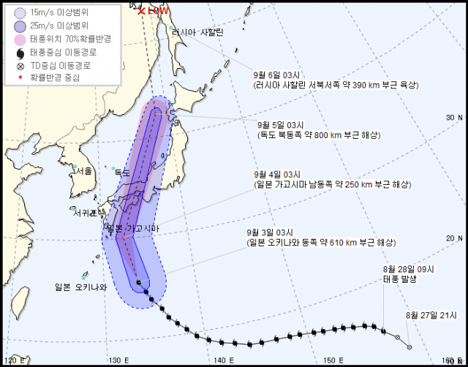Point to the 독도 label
(121, 173)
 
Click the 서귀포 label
(86, 213)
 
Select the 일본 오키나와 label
(81, 287)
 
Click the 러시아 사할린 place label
(197, 32)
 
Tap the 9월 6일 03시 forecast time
(276, 75)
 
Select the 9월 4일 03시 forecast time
(277, 174)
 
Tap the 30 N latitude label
(455, 117)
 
